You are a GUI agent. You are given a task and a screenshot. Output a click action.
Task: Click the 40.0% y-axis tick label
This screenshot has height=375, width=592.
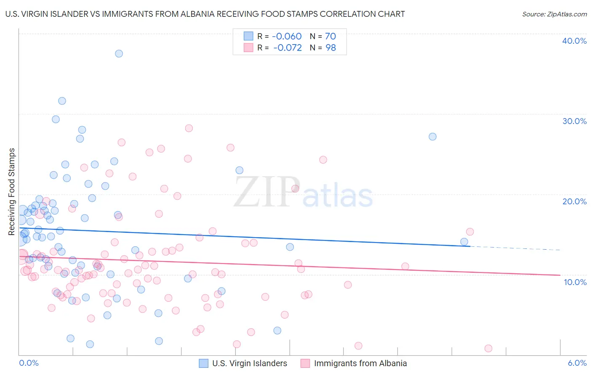pyautogui.click(x=574, y=41)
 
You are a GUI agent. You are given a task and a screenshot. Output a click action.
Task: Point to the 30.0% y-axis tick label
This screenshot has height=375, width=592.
pyautogui.click(x=574, y=121)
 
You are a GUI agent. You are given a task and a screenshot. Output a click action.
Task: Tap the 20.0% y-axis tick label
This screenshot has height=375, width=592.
pyautogui.click(x=574, y=201)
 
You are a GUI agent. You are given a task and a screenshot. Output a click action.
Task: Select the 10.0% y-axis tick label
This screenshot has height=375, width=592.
pyautogui.click(x=575, y=282)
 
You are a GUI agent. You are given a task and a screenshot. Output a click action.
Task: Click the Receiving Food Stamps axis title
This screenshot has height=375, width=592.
pyautogui.click(x=12, y=192)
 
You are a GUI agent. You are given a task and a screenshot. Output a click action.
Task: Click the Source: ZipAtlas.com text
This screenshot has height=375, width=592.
pyautogui.click(x=554, y=14)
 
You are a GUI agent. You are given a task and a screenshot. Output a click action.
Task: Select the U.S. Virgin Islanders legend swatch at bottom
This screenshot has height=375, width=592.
pyautogui.click(x=204, y=363)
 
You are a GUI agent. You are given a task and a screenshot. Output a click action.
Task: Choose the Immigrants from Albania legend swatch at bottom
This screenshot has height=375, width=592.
pyautogui.click(x=305, y=363)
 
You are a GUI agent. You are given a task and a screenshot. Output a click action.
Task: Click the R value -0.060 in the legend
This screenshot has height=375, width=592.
pyautogui.click(x=287, y=37)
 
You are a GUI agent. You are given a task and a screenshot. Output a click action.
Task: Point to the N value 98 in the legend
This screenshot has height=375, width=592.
pyautogui.click(x=331, y=48)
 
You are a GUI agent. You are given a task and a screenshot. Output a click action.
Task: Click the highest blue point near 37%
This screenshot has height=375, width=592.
pyautogui.click(x=119, y=53)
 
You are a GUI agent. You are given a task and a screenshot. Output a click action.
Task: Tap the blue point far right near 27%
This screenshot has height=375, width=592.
pyautogui.click(x=432, y=137)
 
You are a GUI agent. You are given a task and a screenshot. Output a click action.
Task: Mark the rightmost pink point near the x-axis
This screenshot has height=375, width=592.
pyautogui.click(x=488, y=348)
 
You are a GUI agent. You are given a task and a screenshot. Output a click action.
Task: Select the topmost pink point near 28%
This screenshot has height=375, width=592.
pyautogui.click(x=189, y=128)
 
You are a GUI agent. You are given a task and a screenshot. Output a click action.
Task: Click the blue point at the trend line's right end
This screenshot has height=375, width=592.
pyautogui.click(x=464, y=242)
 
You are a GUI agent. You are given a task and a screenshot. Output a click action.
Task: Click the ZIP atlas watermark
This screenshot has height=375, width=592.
pyautogui.click(x=303, y=193)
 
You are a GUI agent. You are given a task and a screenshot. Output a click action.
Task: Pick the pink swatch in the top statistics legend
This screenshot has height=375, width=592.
pyautogui.click(x=248, y=48)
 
